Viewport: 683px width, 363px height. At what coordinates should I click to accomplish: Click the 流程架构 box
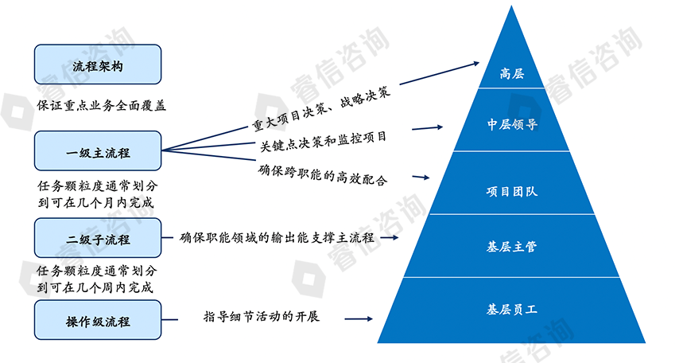(x=98, y=65)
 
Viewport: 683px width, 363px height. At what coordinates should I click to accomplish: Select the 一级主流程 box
(x=98, y=152)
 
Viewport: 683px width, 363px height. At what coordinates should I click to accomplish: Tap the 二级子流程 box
(x=98, y=238)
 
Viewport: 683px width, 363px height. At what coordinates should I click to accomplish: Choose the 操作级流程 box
(x=98, y=321)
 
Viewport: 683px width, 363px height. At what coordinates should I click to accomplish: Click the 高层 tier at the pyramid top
(x=510, y=74)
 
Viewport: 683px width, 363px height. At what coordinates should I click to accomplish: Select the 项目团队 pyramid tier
(x=510, y=192)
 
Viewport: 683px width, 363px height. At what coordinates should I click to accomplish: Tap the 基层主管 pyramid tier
(x=510, y=247)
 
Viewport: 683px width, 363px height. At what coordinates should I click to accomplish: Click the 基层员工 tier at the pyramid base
(x=510, y=308)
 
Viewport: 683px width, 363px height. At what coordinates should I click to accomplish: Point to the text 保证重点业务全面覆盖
(x=101, y=104)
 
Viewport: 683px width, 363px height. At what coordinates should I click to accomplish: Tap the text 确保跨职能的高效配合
(x=323, y=174)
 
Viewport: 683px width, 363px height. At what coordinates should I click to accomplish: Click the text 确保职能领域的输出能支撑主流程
(x=277, y=237)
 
